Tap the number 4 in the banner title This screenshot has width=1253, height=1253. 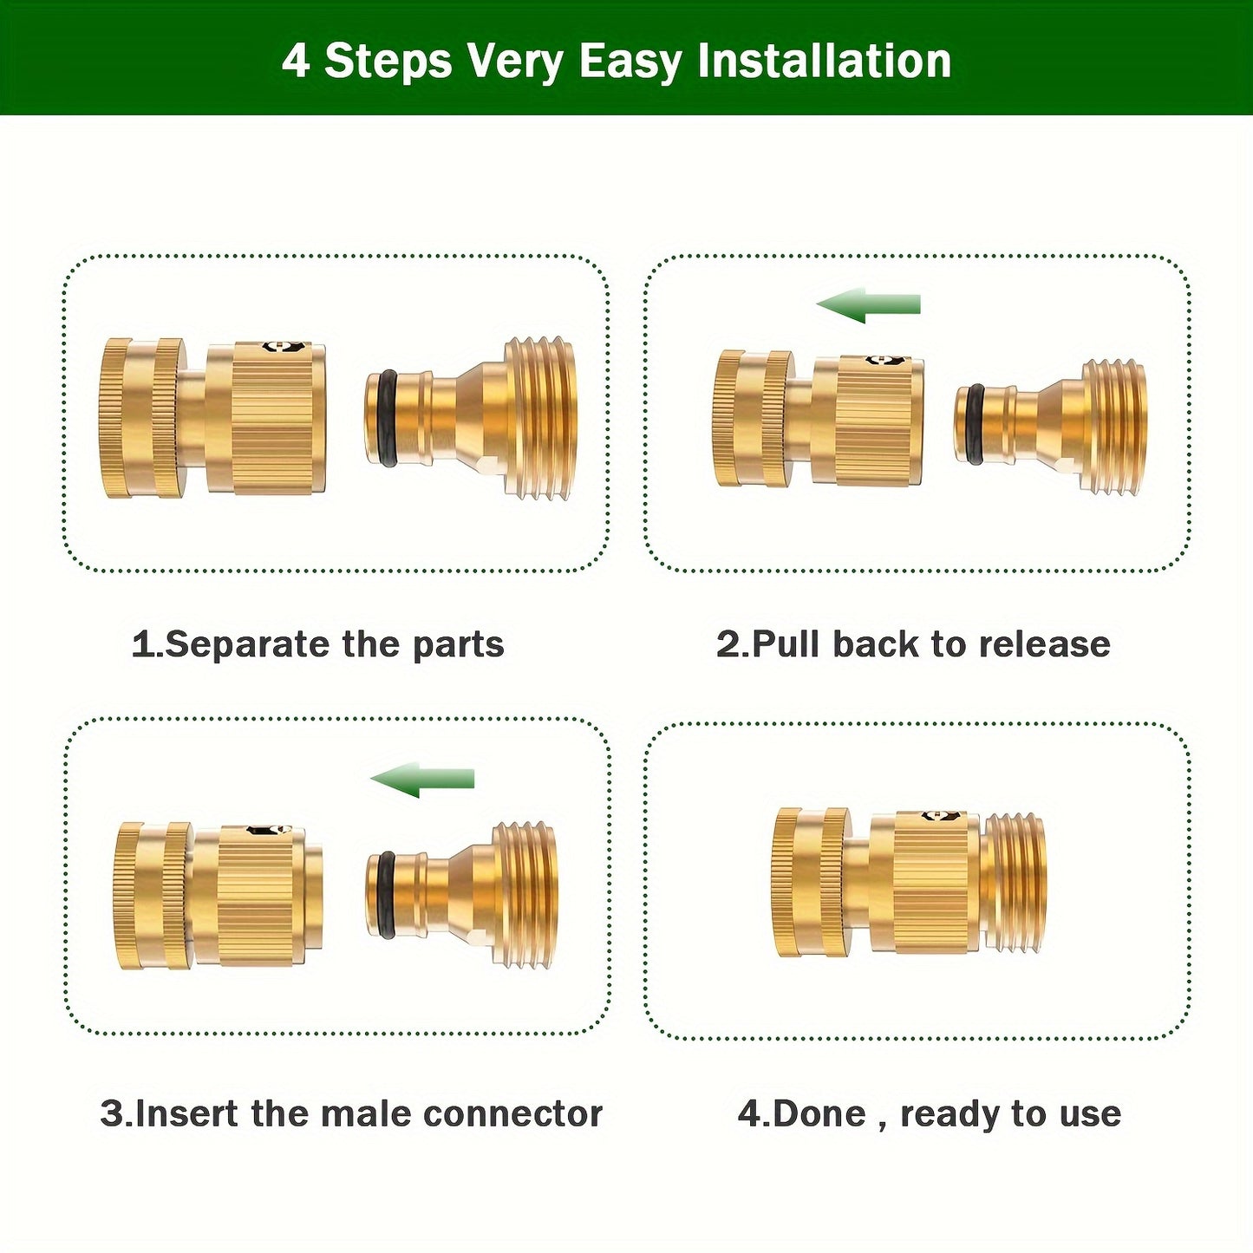click(x=296, y=62)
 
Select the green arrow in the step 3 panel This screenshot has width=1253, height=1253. click(x=422, y=780)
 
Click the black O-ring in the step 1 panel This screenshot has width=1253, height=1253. click(x=388, y=419)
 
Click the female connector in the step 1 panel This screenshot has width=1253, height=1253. click(x=213, y=418)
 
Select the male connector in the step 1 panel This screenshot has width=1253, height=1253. click(x=473, y=419)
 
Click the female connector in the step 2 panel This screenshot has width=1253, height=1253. click(x=818, y=419)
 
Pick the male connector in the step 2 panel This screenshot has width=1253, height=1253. click(x=1051, y=427)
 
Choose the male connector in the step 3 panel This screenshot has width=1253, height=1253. click(x=463, y=895)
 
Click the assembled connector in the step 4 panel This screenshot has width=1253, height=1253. click(x=909, y=883)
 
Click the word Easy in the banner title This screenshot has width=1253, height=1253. click(x=630, y=62)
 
